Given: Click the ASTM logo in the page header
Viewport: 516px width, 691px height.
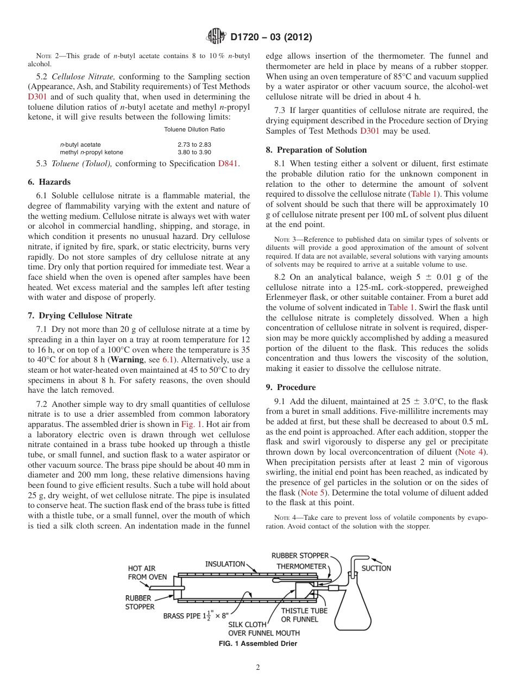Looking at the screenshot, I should (x=216, y=37).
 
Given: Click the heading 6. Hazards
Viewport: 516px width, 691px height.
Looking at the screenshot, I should (x=49, y=182).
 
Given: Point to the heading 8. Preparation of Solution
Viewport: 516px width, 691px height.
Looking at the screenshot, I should (x=316, y=150).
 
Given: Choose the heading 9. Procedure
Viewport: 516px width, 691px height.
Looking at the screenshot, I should (x=291, y=387).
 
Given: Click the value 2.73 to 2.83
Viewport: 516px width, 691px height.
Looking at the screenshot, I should (x=194, y=145).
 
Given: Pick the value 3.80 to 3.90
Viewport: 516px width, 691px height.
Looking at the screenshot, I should (x=194, y=152).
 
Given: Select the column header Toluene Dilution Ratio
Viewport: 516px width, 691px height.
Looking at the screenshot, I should (x=194, y=129).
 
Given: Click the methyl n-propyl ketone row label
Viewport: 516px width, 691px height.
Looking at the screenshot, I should (x=91, y=152).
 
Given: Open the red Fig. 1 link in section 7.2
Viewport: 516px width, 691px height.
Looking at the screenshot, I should (x=191, y=424).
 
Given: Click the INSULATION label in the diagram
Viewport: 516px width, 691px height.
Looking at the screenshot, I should (x=224, y=564).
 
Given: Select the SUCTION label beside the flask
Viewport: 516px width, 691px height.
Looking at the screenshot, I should (x=376, y=568).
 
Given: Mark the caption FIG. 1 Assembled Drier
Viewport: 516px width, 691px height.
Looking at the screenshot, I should (x=258, y=644).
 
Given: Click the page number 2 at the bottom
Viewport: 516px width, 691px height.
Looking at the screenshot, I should (x=258, y=668).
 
